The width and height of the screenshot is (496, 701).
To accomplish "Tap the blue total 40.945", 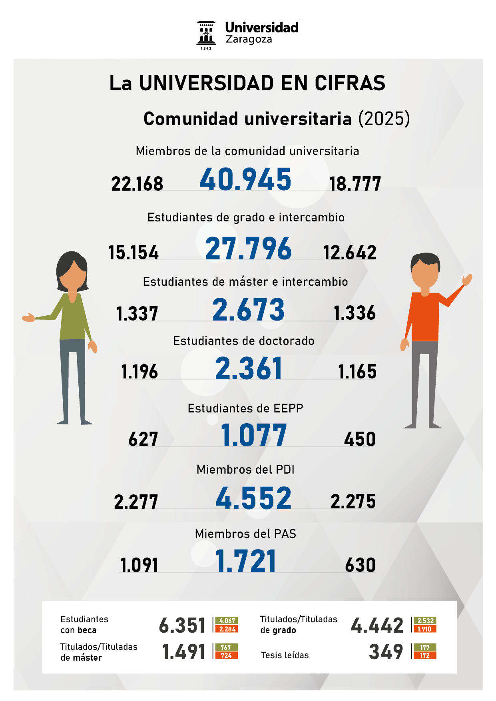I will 245,179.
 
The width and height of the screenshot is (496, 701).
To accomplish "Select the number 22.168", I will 137,184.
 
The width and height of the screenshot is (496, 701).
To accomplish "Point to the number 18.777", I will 355,184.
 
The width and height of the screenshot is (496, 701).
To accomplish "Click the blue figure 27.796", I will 248,249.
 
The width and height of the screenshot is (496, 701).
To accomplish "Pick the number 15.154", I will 133,253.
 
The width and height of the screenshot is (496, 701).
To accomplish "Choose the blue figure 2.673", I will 248,310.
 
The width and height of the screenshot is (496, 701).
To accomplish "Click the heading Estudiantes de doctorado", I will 244,341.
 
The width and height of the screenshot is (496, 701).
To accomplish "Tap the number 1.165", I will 357,372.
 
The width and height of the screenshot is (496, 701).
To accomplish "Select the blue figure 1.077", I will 254,435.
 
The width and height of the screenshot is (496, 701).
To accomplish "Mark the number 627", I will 143,439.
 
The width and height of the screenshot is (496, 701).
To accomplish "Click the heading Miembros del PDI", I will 245,470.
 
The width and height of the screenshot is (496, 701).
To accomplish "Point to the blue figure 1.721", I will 245,561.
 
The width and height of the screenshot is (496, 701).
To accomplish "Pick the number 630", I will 360,565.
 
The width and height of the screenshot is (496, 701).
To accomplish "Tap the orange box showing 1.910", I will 424,629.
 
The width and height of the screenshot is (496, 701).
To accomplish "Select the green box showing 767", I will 226,647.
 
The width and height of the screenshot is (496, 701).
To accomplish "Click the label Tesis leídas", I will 285,655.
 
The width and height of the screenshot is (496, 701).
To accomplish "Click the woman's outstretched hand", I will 28,317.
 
